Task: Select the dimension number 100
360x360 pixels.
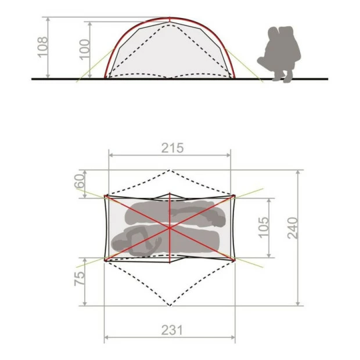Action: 85,50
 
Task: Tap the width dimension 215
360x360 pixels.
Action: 172,147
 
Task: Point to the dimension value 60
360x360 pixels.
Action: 80,182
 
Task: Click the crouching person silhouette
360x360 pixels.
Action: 278,55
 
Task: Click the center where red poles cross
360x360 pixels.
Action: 170,227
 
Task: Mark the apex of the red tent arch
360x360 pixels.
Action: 170,18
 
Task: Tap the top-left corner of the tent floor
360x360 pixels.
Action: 105,196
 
